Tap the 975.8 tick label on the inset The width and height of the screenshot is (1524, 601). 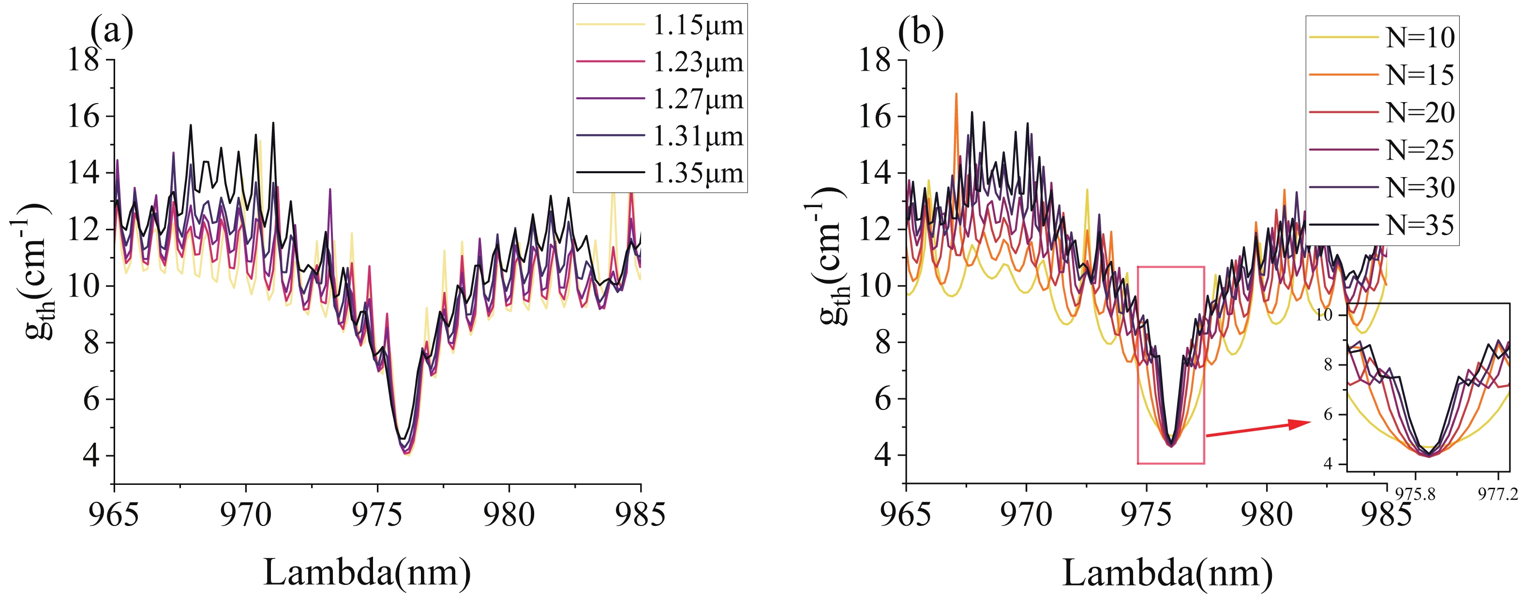pyautogui.click(x=1415, y=494)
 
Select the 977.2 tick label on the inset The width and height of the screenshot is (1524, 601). pyautogui.click(x=1498, y=494)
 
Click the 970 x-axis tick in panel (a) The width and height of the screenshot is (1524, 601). pyautogui.click(x=245, y=515)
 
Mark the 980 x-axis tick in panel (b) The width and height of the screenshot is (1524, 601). pyautogui.click(x=1267, y=515)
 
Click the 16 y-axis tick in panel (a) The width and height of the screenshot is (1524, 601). pyautogui.click(x=83, y=116)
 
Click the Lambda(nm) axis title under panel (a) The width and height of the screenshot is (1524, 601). pyautogui.click(x=367, y=572)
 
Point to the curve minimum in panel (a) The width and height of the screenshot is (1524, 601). pyautogui.click(x=406, y=454)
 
